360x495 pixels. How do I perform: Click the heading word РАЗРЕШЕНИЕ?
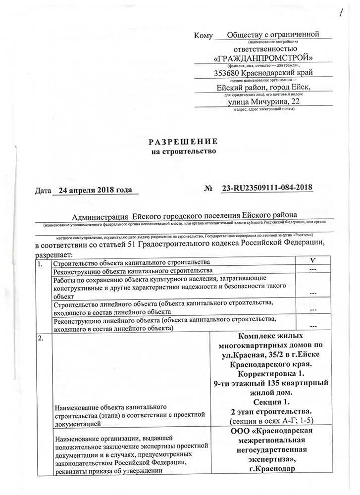183,142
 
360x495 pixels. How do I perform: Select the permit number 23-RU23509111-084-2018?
267,188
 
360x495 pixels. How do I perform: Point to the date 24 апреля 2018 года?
94,190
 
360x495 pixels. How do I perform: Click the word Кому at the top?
204,36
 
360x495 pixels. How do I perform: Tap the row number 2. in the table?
41,339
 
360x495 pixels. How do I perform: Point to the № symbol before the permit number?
208,189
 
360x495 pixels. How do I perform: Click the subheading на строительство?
184,151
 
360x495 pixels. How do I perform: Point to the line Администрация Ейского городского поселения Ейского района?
184,216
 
